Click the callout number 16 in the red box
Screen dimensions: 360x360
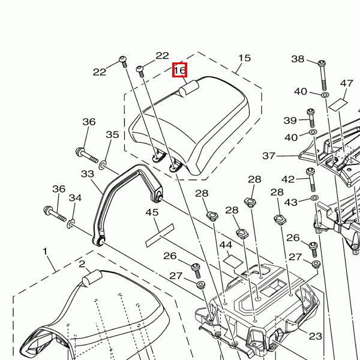pos(180,70)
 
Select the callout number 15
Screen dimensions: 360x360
pos(245,58)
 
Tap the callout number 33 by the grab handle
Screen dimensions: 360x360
pos(88,174)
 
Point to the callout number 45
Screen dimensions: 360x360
pos(152,212)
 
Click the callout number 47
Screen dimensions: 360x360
pos(346,83)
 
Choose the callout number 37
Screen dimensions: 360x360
pos(269,156)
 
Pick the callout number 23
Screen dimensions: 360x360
pos(316,337)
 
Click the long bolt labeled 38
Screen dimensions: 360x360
pos(323,75)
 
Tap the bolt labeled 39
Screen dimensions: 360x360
pos(311,118)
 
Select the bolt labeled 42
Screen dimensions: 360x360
pos(311,180)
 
